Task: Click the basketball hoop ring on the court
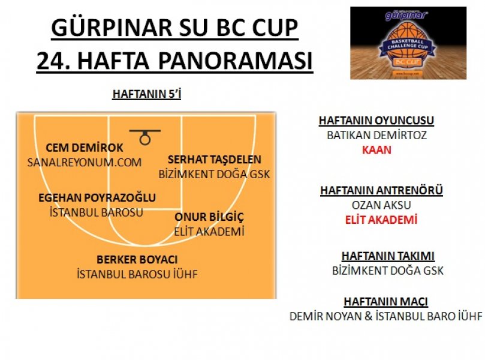click(x=144, y=134)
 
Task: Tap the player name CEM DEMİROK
click(x=85, y=148)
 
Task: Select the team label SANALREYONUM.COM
click(x=85, y=163)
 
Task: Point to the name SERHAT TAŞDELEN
click(x=215, y=160)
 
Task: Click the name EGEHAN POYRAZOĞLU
click(x=97, y=197)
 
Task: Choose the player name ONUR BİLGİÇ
click(x=209, y=217)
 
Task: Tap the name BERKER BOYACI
click(x=137, y=259)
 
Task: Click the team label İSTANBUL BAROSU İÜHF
click(x=137, y=274)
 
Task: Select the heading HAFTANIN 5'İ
click(x=147, y=94)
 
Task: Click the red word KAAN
click(x=376, y=150)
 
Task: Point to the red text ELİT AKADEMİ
click(x=381, y=220)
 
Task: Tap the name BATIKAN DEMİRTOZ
click(x=376, y=135)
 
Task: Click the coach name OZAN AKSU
click(x=381, y=205)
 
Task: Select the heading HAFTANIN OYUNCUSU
click(x=376, y=121)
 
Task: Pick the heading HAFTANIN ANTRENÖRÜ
click(x=381, y=190)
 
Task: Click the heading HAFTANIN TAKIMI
click(x=388, y=256)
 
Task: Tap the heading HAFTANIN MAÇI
click(x=386, y=301)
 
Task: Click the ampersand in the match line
click(x=368, y=316)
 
